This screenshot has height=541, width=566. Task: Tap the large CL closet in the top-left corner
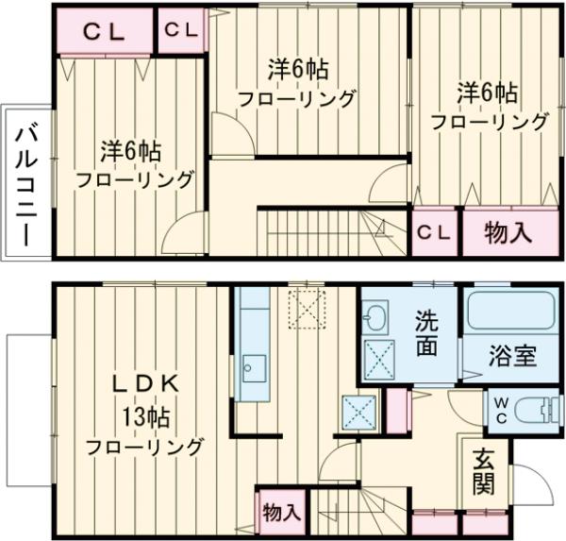click(x=104, y=30)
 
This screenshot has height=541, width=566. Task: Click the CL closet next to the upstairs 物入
click(x=434, y=230)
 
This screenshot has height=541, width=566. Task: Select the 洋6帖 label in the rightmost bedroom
click(x=488, y=93)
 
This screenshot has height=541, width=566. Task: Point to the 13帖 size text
click(x=144, y=414)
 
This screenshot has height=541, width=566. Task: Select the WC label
click(x=500, y=411)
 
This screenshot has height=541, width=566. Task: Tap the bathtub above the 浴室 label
click(x=510, y=313)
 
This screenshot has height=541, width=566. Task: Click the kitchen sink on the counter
click(x=253, y=366)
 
